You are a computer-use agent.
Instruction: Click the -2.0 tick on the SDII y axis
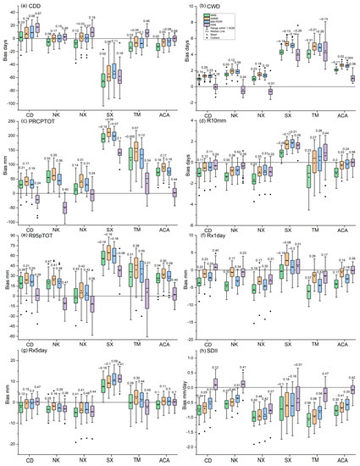pos(196,445)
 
